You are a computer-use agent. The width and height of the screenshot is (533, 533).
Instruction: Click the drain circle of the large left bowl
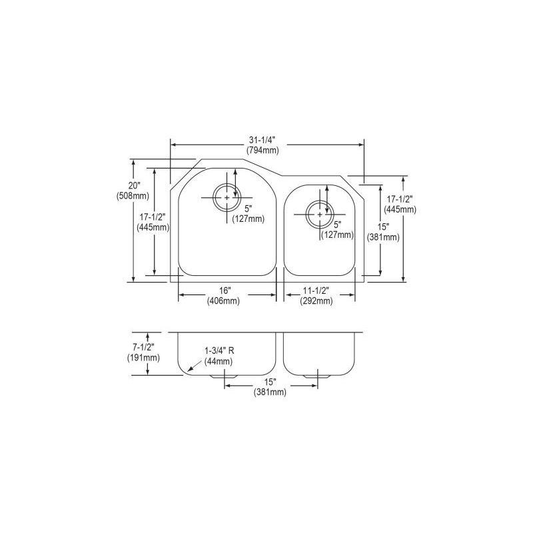[x=227, y=197]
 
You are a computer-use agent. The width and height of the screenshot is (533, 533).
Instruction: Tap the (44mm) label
[x=218, y=361]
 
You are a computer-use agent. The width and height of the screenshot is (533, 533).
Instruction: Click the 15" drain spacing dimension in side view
[x=269, y=382]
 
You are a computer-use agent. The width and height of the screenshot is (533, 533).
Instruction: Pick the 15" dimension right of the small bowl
[x=389, y=227]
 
